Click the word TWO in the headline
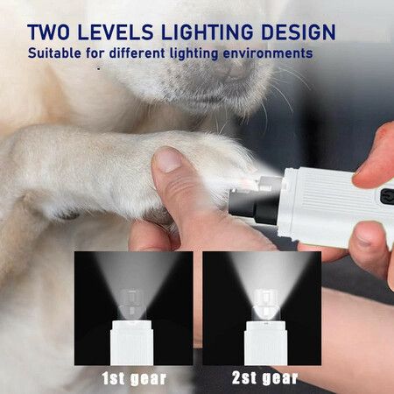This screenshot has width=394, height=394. pos(48,32)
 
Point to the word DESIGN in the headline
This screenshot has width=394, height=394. pos(299,32)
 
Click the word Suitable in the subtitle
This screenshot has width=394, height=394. pos(54,53)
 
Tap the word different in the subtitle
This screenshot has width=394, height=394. pos(137,53)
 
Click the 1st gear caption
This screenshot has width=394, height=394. pos(134,378)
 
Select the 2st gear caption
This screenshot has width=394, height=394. pos(264,378)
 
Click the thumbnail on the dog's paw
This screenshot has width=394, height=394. pos(167,159)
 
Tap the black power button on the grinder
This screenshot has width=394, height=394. pos(387,196)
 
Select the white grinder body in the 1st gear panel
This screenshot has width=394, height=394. pos(132,342)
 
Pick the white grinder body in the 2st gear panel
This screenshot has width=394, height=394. pos(265,343)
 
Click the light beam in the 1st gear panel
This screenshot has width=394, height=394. pos(134,280)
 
